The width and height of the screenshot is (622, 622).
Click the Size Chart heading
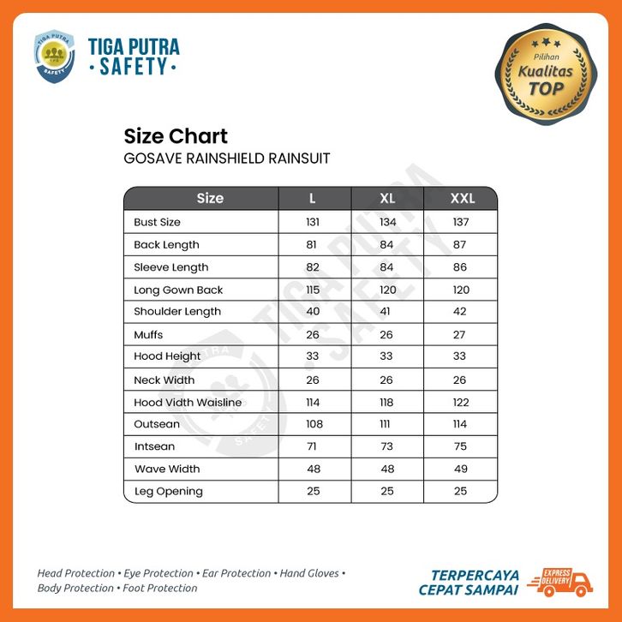[x=176, y=136]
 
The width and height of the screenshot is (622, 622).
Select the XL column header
[x=387, y=199]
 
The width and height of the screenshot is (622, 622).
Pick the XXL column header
[x=462, y=199]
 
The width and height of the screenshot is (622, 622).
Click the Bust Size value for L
[x=313, y=222]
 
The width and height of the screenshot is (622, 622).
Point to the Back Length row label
[x=166, y=245]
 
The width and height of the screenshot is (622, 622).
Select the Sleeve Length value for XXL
[x=461, y=267]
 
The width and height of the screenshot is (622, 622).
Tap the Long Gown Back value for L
[x=313, y=290]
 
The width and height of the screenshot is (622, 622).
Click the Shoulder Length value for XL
[x=387, y=312]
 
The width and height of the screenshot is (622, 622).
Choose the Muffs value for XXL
[x=461, y=335]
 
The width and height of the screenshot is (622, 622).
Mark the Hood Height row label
[x=167, y=356]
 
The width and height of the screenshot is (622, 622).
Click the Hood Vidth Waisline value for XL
[x=387, y=403]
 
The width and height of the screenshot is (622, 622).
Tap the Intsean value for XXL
[x=461, y=446]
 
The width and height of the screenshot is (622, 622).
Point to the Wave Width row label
[x=167, y=469]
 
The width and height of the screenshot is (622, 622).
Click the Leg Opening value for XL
[x=387, y=491]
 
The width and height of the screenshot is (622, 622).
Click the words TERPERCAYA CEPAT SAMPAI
[x=468, y=581]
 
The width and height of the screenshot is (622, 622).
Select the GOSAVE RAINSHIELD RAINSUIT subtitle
[x=227, y=158]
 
